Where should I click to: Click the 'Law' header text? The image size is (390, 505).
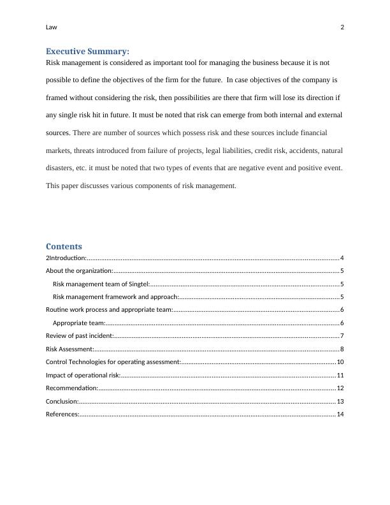pyautogui.click(x=52, y=27)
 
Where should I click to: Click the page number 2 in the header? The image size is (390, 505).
pyautogui.click(x=342, y=27)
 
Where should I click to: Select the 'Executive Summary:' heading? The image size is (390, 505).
pyautogui.click(x=87, y=51)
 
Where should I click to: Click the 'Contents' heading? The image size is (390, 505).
pyautogui.click(x=64, y=246)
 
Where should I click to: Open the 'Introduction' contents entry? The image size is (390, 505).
pyautogui.click(x=67, y=258)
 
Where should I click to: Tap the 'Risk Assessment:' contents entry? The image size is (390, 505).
pyautogui.click(x=70, y=349)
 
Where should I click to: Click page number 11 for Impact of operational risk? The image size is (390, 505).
pyautogui.click(x=340, y=375)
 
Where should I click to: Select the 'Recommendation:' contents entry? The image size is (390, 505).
pyautogui.click(x=72, y=388)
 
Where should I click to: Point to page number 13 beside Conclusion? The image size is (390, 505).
pyautogui.click(x=340, y=401)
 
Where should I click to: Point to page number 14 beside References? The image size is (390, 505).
pyautogui.click(x=340, y=414)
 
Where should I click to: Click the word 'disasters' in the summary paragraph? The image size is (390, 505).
pyautogui.click(x=61, y=168)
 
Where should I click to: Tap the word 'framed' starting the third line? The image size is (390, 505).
pyautogui.click(x=57, y=98)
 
